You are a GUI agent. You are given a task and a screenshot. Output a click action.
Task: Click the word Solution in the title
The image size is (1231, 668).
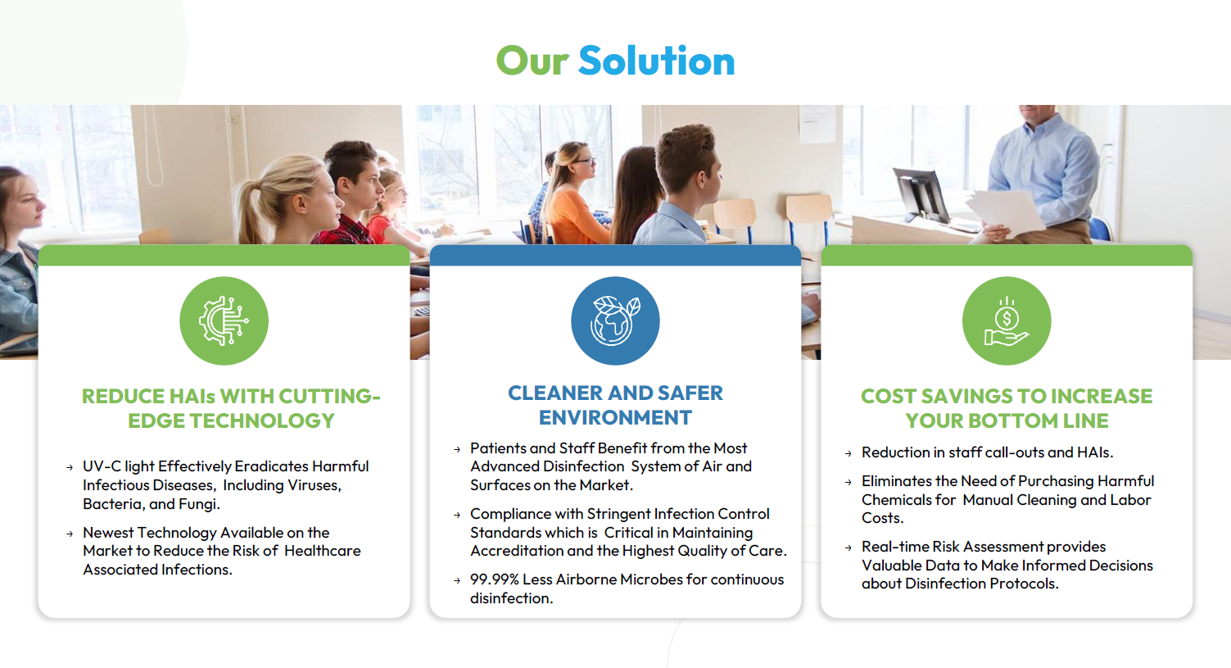(x=656, y=61)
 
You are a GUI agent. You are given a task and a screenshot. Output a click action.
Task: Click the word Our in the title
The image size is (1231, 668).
(x=532, y=61)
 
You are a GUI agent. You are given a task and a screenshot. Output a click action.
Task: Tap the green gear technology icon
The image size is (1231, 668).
(x=224, y=321)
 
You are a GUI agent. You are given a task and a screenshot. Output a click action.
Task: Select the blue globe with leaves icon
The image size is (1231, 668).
(x=615, y=321)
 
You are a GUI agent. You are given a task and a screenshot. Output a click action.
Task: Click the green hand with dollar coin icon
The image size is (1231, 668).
(x=1007, y=321)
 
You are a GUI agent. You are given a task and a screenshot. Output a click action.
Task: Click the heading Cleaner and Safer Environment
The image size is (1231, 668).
(x=615, y=405)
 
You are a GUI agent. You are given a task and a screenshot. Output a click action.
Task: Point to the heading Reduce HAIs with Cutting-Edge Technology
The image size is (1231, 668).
(x=231, y=408)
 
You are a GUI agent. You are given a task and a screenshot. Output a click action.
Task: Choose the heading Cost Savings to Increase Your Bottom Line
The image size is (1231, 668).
(x=1007, y=408)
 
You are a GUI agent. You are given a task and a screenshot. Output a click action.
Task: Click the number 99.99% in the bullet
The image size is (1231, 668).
(x=494, y=579)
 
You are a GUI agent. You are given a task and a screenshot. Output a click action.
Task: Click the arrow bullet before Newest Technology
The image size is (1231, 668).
(x=70, y=534)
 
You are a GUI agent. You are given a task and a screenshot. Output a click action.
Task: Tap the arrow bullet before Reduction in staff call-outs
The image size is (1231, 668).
(x=848, y=453)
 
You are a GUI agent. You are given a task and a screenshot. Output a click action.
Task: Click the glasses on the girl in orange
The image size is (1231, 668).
(x=583, y=161)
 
